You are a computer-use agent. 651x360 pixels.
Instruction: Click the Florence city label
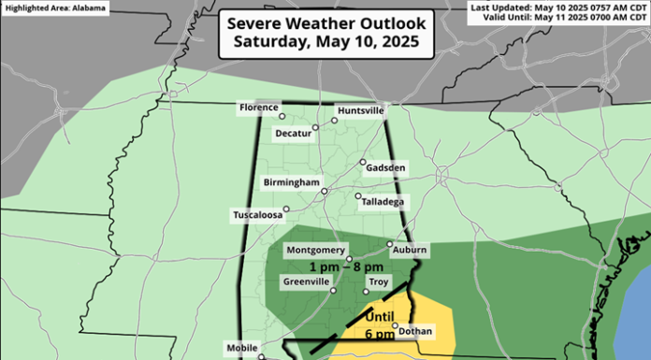click(259, 108)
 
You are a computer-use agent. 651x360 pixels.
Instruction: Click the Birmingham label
click(292, 181)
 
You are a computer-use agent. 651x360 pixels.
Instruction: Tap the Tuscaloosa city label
click(258, 216)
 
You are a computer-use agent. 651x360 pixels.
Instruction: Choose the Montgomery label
click(311, 250)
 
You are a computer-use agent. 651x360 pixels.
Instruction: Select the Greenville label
click(305, 281)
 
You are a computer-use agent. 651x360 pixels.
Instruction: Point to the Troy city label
click(377, 281)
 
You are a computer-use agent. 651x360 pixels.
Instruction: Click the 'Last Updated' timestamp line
click(558, 7)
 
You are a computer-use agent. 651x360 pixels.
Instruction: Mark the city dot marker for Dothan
click(395, 326)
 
